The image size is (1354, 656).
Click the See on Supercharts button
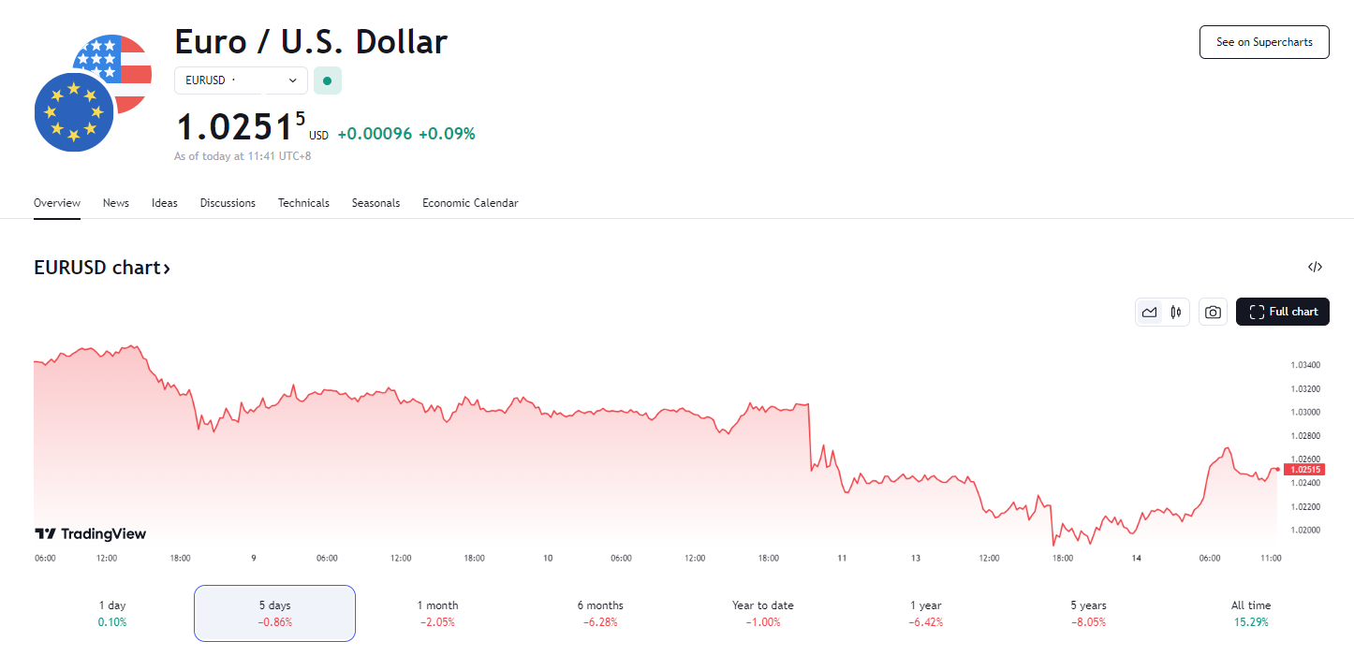coord(1264,42)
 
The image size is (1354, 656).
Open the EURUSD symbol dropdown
coord(241,80)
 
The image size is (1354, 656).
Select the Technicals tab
coord(303,203)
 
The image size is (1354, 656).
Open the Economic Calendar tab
coord(470,203)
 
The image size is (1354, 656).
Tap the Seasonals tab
coord(375,203)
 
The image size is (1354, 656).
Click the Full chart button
coord(1282,312)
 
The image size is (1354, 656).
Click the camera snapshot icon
coord(1213,313)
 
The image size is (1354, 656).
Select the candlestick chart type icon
coord(1176,313)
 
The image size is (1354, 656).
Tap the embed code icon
coord(1315,268)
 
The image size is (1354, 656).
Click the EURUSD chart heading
coord(102,268)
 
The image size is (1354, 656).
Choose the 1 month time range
coord(437,613)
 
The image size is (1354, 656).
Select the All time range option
coord(1251,613)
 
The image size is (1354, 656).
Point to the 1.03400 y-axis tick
coord(1304,365)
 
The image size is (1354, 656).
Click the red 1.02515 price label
coord(1304,470)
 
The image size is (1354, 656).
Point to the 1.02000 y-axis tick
coord(1304,531)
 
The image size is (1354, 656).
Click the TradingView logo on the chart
coord(91,534)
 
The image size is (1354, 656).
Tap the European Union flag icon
coord(73,111)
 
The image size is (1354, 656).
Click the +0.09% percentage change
coord(447,134)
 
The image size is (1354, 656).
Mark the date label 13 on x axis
coord(916,559)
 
